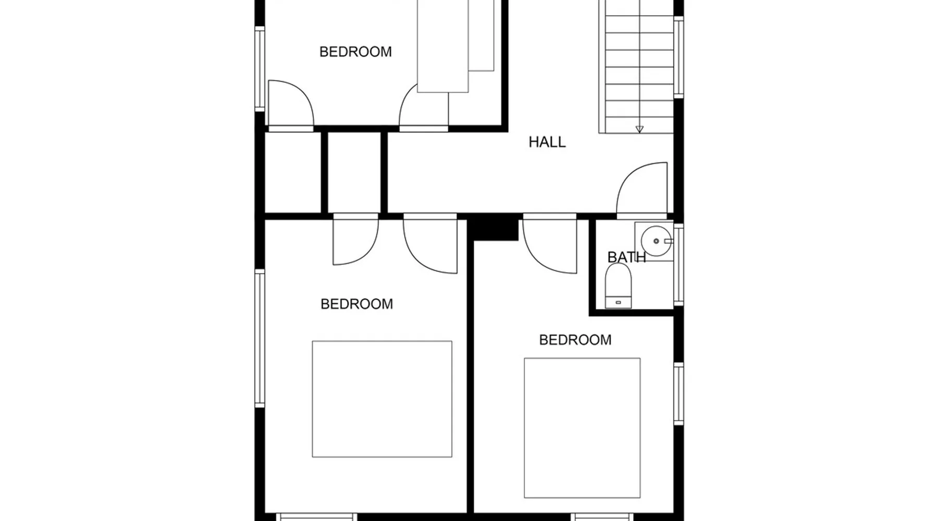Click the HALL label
tap(547, 142)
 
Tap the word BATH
tap(626, 257)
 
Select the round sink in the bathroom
tap(657, 241)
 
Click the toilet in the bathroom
tap(618, 286)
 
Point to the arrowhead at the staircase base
tap(639, 129)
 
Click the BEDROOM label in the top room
tap(355, 52)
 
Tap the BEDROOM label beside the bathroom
tap(575, 340)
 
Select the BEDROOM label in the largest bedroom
tap(357, 304)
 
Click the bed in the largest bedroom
tap(382, 399)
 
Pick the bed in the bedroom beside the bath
tap(582, 428)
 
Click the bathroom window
tap(678, 264)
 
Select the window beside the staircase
tap(678, 57)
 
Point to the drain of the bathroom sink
tap(656, 241)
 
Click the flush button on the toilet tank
tap(619, 302)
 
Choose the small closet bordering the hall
tap(354, 172)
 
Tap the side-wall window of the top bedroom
tap(260, 69)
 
